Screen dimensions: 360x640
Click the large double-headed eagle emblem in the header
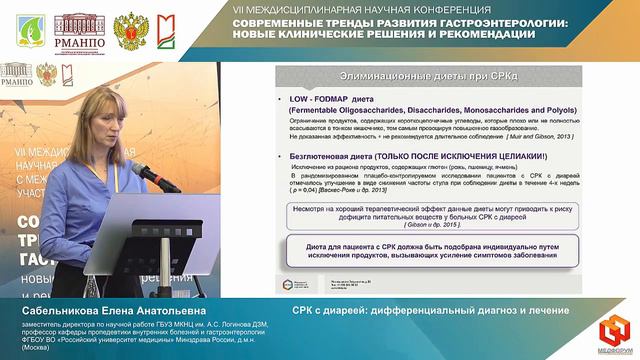(132, 31)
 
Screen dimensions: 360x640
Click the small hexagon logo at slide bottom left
(288, 285)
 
